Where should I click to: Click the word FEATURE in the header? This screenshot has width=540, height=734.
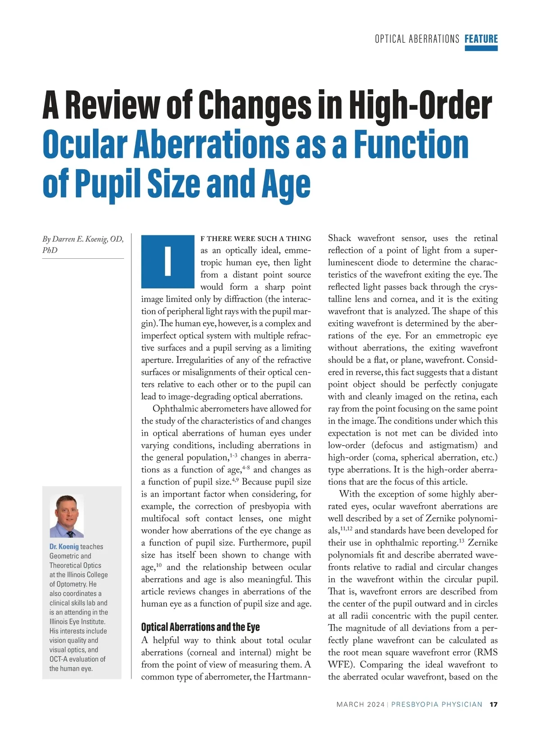(x=481, y=39)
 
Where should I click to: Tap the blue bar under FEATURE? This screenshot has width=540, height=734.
(x=481, y=48)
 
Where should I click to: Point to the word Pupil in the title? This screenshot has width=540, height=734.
(x=108, y=184)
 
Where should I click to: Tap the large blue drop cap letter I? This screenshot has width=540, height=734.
(x=167, y=261)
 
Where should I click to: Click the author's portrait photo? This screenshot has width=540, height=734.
(x=67, y=516)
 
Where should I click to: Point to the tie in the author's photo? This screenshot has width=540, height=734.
(x=70, y=534)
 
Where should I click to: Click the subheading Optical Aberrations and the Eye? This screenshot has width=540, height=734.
(x=200, y=627)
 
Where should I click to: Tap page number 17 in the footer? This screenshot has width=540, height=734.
(x=493, y=704)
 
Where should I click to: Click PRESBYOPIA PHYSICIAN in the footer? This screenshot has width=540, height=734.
(x=436, y=704)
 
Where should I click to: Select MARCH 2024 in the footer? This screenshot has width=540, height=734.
(x=360, y=704)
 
